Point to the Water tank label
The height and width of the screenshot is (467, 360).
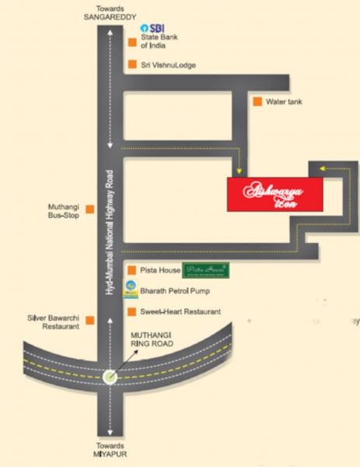pyautogui.click(x=283, y=102)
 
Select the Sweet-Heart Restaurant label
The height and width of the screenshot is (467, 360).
pyautogui.click(x=179, y=311)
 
